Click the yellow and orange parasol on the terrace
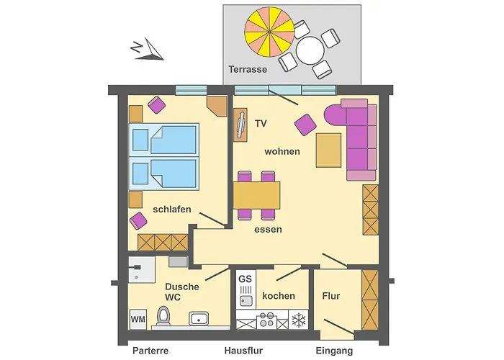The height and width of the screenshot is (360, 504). (x=269, y=32)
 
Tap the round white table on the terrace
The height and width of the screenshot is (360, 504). (x=310, y=50)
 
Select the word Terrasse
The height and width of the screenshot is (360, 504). (x=248, y=69)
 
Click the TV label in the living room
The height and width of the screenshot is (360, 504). (x=261, y=123)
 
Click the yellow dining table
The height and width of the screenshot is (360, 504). (x=256, y=195)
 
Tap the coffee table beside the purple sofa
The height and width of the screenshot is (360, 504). (x=328, y=150)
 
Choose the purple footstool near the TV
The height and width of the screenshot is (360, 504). (x=305, y=125)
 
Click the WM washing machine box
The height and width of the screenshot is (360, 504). (x=138, y=319)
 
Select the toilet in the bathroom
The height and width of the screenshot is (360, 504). (x=163, y=315)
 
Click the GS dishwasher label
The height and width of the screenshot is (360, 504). (x=246, y=279)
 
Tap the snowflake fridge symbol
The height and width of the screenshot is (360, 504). (x=299, y=320)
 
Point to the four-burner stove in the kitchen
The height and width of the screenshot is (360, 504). (x=267, y=320)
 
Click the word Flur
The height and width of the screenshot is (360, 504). (x=331, y=296)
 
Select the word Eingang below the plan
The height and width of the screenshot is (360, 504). (x=334, y=351)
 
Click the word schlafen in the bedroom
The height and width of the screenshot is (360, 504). (x=172, y=210)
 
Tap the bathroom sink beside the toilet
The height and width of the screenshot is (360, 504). (x=199, y=319)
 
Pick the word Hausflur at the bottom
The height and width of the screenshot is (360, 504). (x=243, y=351)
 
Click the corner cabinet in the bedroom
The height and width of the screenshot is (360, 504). (x=216, y=106)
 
